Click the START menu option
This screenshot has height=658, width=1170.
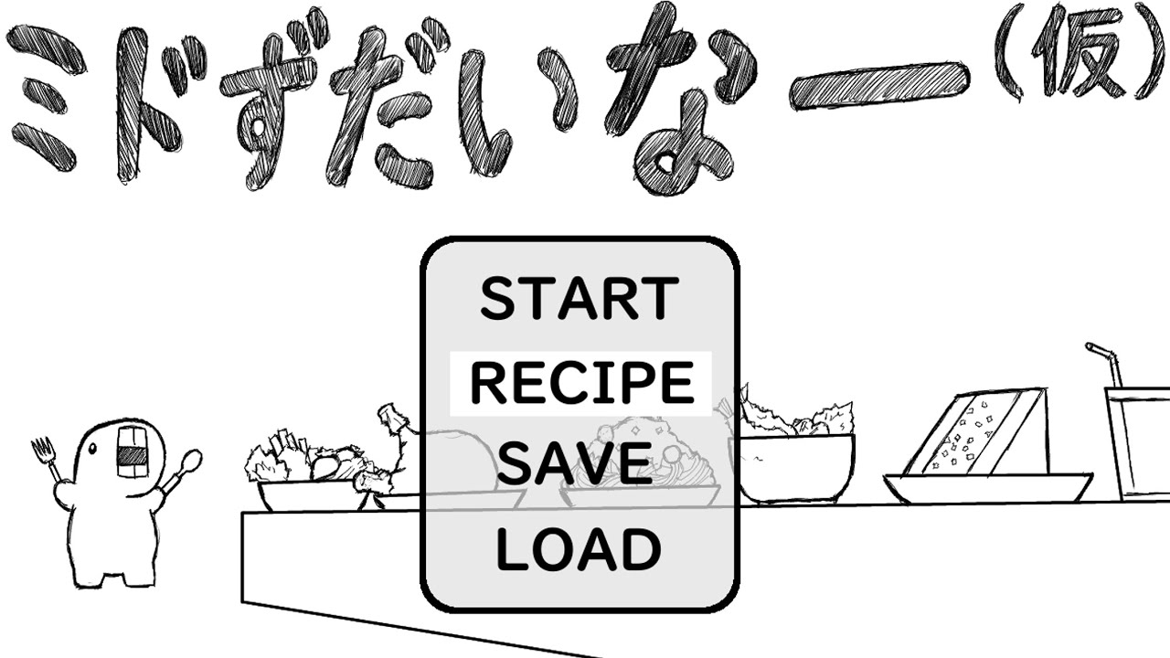(x=580, y=298)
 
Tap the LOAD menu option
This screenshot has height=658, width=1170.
(x=579, y=548)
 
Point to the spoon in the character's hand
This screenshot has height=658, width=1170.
(x=183, y=470)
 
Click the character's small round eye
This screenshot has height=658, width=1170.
(x=92, y=448)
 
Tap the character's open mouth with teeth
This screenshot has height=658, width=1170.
(x=131, y=451)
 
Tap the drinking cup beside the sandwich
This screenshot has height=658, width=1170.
(x=1139, y=444)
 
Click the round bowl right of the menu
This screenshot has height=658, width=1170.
(x=796, y=468)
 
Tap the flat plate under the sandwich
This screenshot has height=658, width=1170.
(x=987, y=488)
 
